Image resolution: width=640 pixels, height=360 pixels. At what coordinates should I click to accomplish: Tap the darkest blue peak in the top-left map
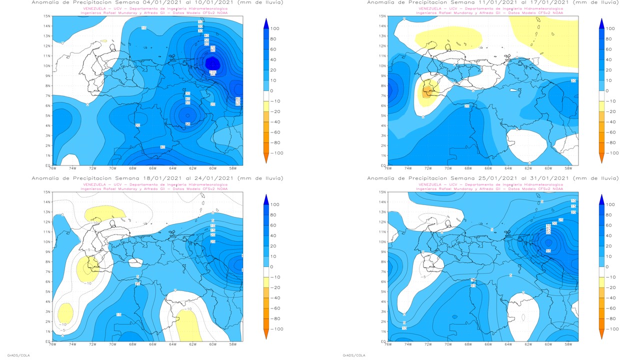point(212,63)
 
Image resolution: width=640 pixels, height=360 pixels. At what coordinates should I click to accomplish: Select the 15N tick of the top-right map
point(382,16)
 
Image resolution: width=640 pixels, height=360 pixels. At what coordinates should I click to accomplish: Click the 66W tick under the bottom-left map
point(152,344)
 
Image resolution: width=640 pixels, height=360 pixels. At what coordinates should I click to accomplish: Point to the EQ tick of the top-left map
point(47,165)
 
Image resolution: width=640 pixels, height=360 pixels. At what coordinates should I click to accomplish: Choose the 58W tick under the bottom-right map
point(568,344)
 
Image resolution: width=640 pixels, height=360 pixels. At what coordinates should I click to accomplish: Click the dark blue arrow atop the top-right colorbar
point(601,22)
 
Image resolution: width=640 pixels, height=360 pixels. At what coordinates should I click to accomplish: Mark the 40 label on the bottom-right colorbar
point(609,235)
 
